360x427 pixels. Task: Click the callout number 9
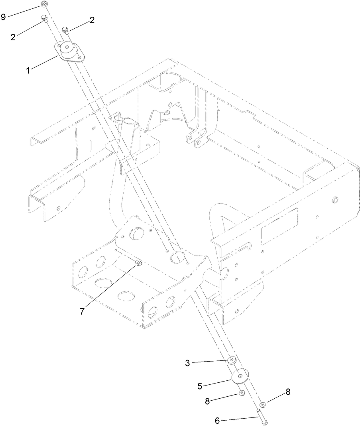pos(4,17)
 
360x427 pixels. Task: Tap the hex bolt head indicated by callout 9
pos(43,5)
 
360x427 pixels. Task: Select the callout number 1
pos(28,71)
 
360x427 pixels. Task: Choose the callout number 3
pos(187,363)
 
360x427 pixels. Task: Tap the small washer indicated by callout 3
pos(231,360)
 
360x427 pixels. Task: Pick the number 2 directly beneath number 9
pos(14,37)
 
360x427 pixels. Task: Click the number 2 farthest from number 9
pos(92,21)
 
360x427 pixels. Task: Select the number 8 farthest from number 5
pos(287,392)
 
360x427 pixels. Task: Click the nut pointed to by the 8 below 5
pos(241,394)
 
